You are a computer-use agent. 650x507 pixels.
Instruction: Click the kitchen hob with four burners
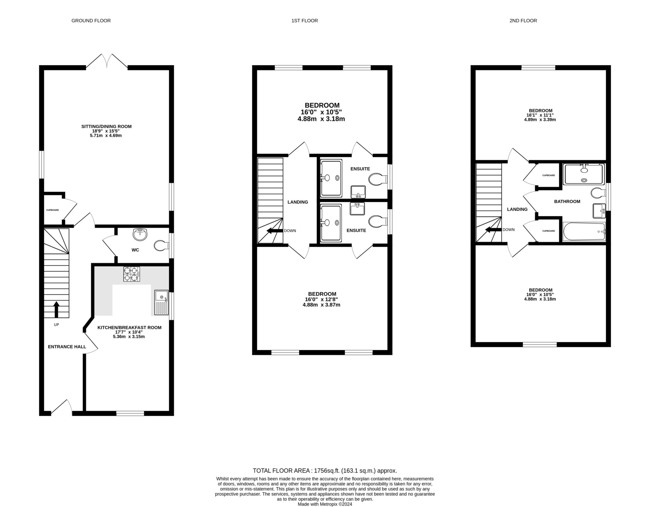pos(132,274)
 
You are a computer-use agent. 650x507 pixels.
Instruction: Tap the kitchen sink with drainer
pos(161,302)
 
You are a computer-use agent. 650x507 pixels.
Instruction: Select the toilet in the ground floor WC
pos(161,246)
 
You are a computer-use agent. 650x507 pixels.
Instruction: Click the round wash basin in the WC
pos(140,234)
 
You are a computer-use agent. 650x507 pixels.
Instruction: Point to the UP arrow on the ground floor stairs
pos(57,309)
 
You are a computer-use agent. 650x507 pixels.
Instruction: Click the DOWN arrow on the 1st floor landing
pos(275,231)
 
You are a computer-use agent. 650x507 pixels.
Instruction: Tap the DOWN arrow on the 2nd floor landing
pos(493,230)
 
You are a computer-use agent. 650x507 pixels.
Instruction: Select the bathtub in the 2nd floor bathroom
pos(584,231)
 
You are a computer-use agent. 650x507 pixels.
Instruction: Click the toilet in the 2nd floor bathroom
pos(599,193)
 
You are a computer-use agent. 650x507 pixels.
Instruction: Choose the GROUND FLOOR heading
pos(91,21)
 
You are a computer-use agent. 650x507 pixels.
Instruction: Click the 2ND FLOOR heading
pos(523,21)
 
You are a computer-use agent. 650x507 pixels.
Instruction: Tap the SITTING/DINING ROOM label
pos(106,126)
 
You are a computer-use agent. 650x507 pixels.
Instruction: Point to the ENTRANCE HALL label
pos(67,347)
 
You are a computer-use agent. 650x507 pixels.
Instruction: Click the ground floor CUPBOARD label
pos(52,210)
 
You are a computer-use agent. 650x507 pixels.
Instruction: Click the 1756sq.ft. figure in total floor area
pos(327,470)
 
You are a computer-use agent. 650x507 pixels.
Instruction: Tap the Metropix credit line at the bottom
pos(325,504)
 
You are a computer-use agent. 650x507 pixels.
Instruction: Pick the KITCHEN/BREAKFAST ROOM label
pos(129,328)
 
